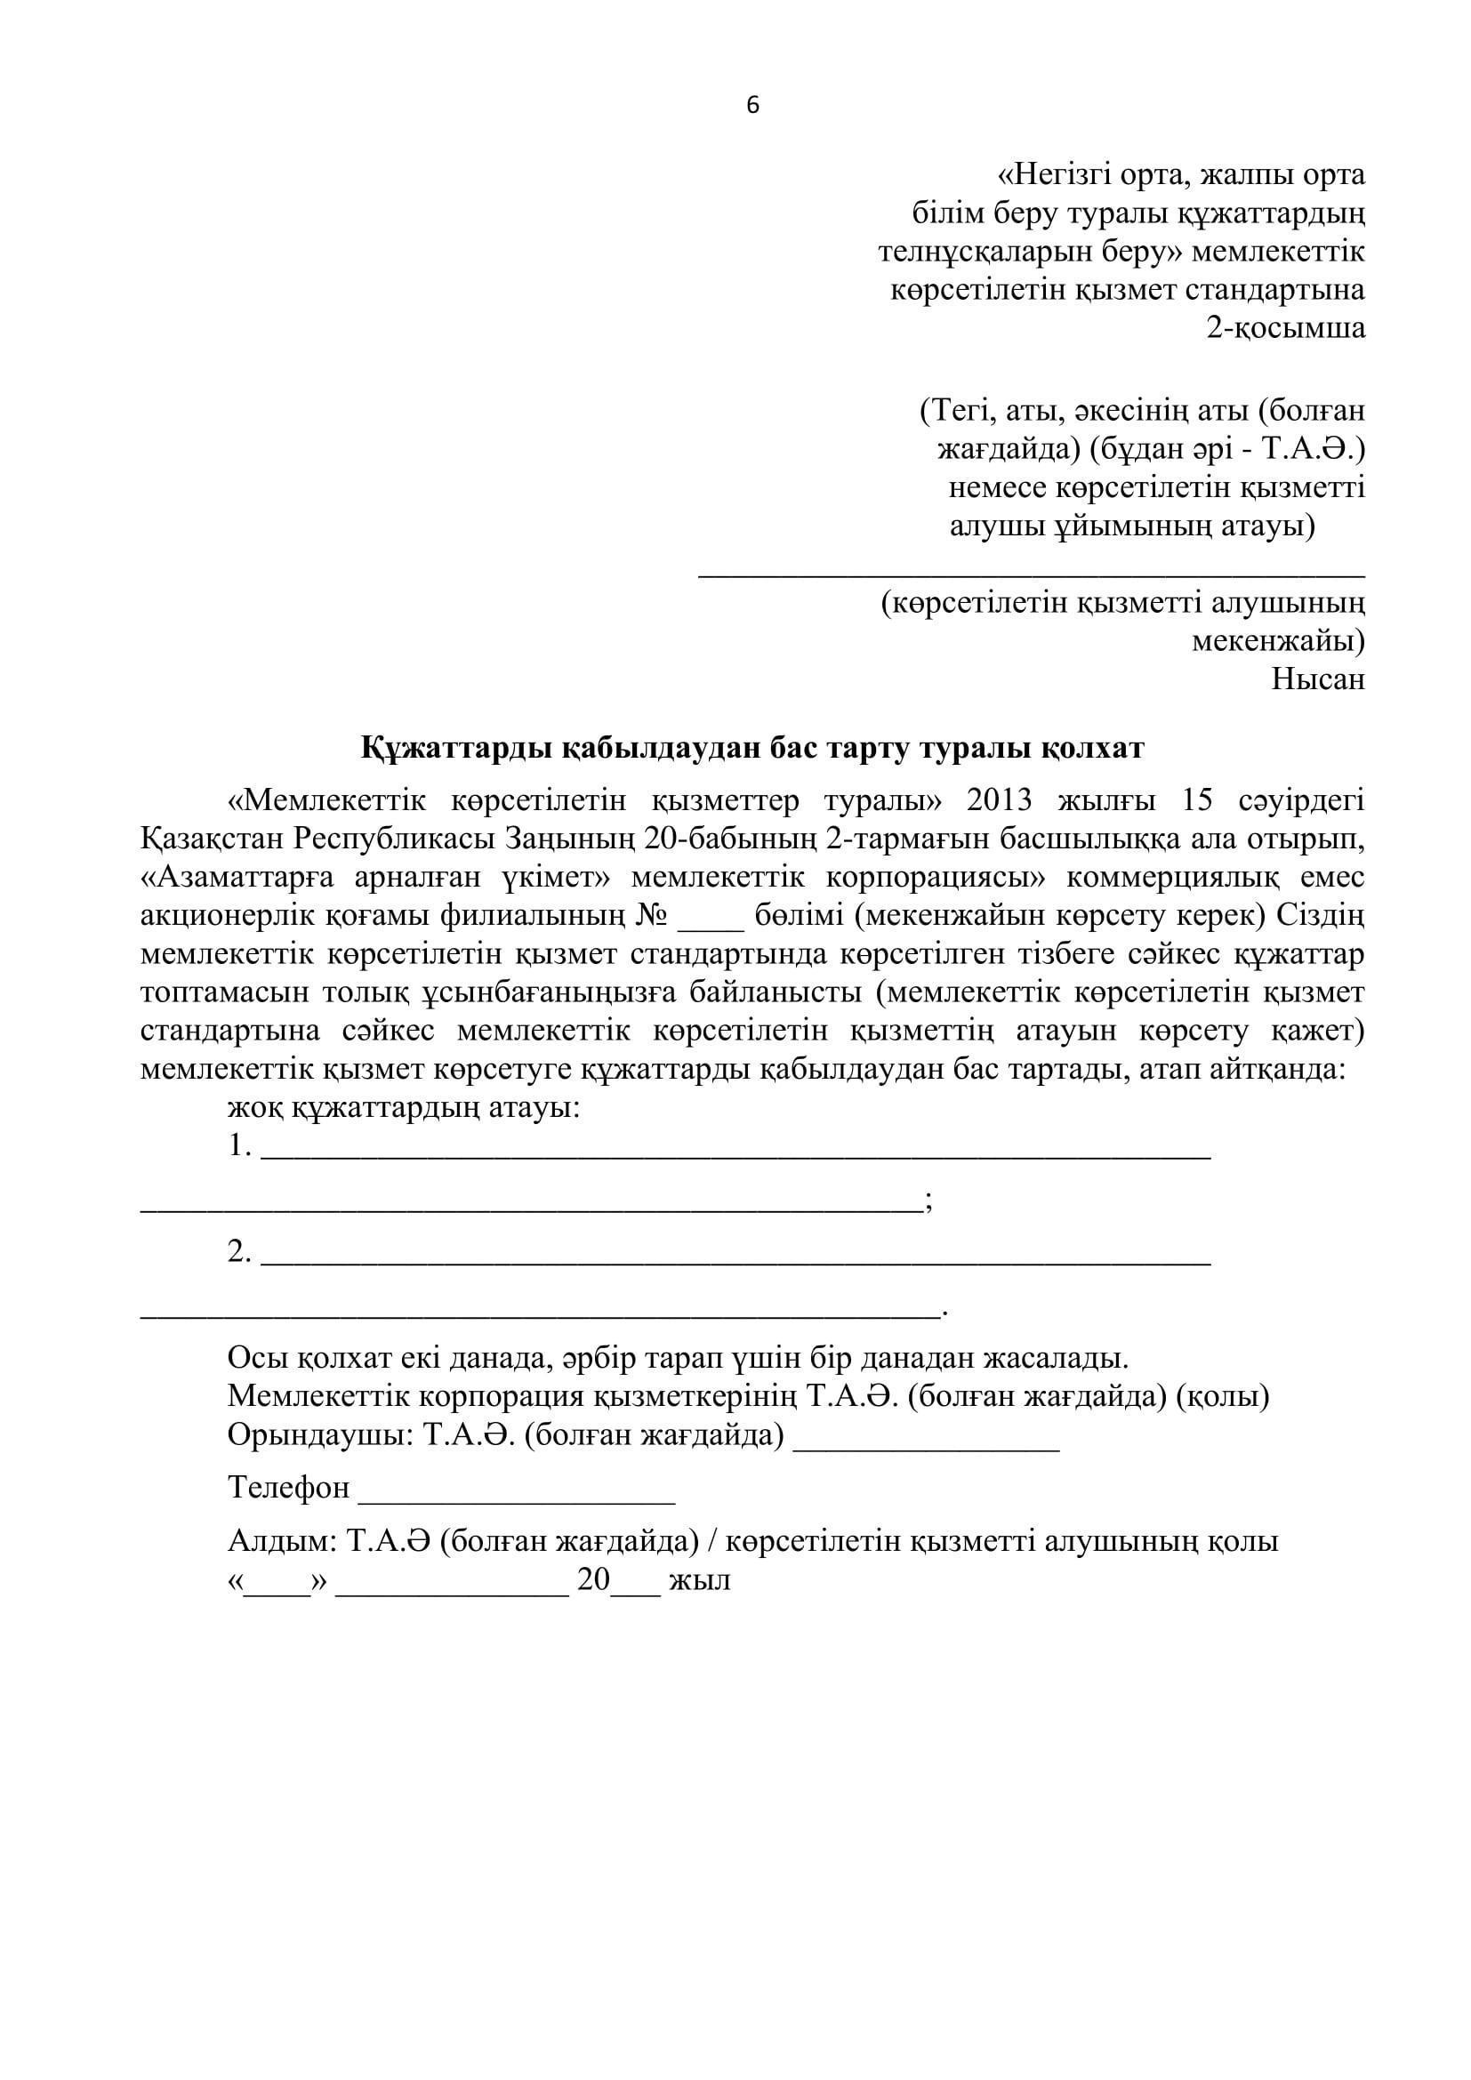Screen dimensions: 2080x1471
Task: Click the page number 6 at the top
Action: click(752, 106)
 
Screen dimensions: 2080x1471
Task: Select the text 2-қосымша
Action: click(1284, 327)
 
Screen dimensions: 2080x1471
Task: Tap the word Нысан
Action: click(1318, 679)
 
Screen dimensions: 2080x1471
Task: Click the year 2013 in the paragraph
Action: click(999, 801)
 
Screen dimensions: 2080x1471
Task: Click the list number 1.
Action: click(238, 1147)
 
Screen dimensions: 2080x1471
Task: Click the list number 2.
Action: click(239, 1252)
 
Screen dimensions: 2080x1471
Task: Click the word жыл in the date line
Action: click(699, 1581)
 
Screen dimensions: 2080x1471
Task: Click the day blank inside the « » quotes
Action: click(277, 1586)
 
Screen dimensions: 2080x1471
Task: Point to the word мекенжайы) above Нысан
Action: click(1277, 640)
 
